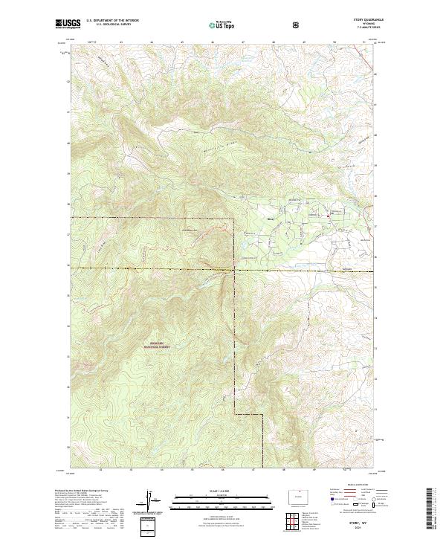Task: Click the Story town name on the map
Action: click(271, 219)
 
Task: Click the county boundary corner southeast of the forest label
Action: click(236, 413)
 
